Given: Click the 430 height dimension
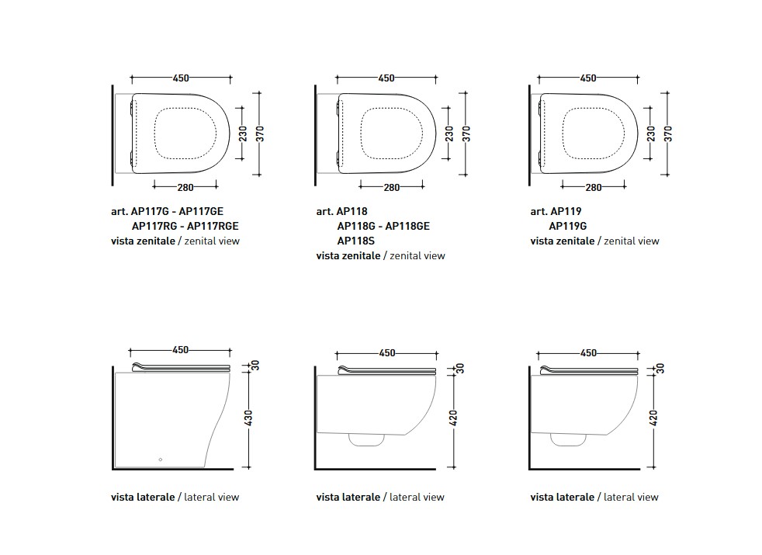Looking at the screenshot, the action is tap(248, 418).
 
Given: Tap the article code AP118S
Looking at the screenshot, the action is tap(355, 241).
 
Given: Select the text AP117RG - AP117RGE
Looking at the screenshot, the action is tap(185, 226).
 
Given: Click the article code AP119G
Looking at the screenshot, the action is tap(567, 226).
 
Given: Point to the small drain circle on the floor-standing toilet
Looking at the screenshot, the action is tap(161, 460).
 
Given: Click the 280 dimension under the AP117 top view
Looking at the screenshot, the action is tap(185, 187).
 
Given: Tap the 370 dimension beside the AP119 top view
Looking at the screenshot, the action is tap(668, 134).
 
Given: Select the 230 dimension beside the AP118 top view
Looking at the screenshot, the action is tap(449, 134).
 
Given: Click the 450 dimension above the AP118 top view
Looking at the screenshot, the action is tap(386, 78).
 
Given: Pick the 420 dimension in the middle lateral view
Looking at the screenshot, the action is tap(453, 418).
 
